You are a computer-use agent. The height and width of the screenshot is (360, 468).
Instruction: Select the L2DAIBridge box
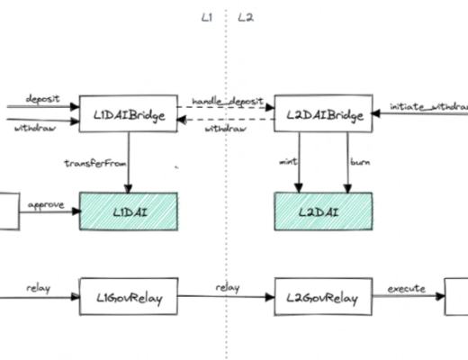click(322, 113)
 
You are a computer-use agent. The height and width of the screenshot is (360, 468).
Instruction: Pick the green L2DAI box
click(322, 211)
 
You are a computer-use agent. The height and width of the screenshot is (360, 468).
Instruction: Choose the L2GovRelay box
click(322, 297)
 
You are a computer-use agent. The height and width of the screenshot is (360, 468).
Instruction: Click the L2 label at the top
click(244, 17)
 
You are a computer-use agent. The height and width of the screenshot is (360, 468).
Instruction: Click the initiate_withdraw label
click(428, 106)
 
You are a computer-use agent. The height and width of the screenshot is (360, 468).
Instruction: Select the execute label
click(406, 289)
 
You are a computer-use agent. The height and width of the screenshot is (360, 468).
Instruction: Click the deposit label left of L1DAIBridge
click(42, 98)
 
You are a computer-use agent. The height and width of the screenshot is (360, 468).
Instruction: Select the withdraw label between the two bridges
click(222, 130)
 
